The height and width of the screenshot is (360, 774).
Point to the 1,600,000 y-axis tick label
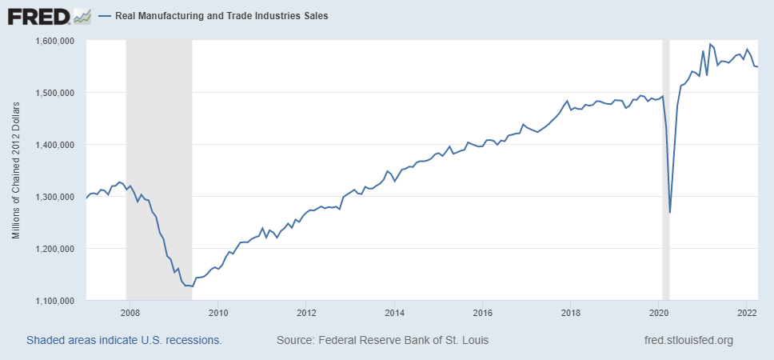[55, 41]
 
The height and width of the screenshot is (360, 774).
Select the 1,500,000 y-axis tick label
[55, 93]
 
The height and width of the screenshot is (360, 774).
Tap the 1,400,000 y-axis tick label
[55, 145]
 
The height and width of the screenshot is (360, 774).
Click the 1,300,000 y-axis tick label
[55, 197]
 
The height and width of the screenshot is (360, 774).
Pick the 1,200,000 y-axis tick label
[55, 249]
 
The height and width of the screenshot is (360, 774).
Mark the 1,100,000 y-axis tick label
[55, 301]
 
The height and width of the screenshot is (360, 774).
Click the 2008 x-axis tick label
[130, 314]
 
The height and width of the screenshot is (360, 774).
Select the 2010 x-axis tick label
[218, 314]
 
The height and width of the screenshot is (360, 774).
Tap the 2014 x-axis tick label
[394, 314]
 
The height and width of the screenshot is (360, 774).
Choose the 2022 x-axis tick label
[746, 314]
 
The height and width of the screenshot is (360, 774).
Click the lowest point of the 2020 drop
[670, 213]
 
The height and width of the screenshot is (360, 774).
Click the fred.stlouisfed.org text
[688, 340]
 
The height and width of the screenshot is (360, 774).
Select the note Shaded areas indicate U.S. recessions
[124, 340]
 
